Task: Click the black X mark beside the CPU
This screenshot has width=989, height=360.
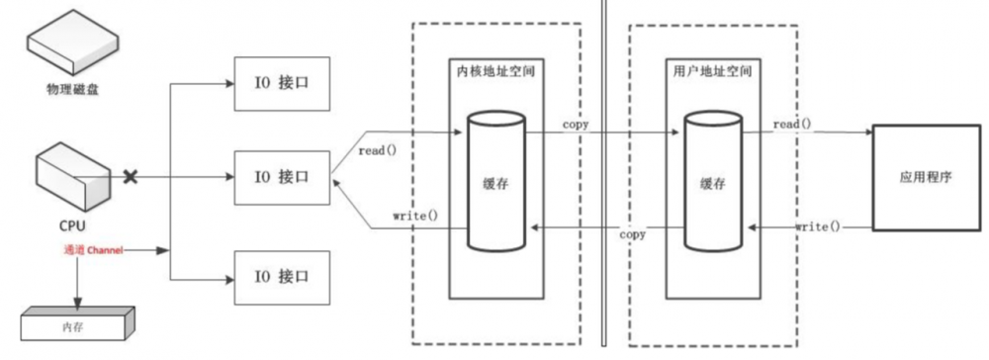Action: coord(130,178)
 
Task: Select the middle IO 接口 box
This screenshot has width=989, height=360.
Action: coord(281,178)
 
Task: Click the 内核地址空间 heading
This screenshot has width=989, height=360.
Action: coord(495,74)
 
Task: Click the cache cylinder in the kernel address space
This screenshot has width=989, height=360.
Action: coord(495,185)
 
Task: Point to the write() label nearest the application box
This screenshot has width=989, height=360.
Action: coord(817,226)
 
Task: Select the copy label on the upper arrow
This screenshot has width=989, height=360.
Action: coord(578,125)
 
